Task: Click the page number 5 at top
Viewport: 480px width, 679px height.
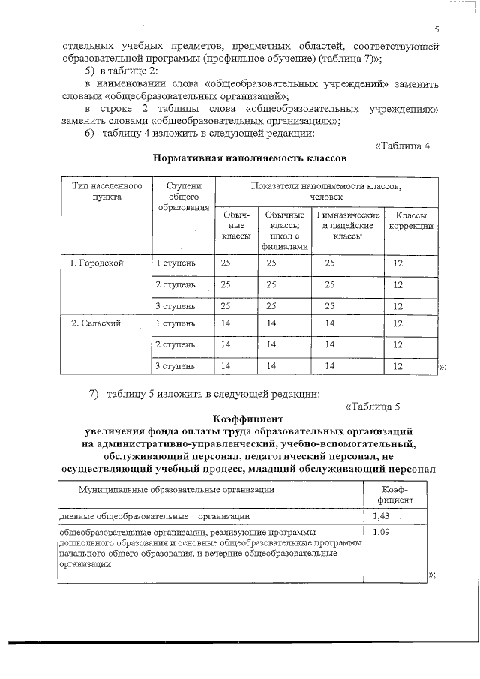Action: [436, 30]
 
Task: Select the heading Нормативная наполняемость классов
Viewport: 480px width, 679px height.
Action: [249, 158]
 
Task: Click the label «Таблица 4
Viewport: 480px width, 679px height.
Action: [401, 145]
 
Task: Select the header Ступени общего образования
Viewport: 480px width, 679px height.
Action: [183, 197]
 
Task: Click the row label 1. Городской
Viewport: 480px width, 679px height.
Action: [97, 263]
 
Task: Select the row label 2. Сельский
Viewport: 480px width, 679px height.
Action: [96, 323]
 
